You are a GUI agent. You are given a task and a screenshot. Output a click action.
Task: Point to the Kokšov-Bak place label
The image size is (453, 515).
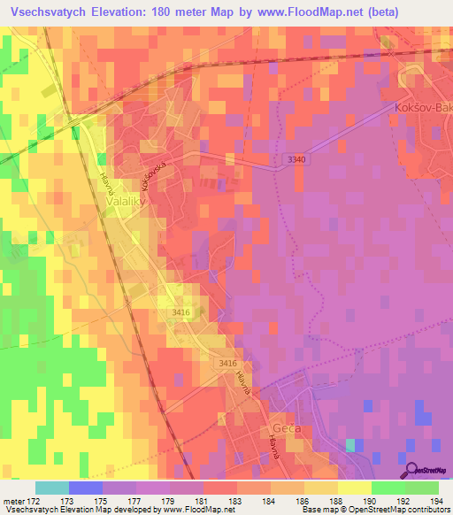(x=420, y=107)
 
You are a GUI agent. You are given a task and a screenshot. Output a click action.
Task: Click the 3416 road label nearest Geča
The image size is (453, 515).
(x=227, y=364)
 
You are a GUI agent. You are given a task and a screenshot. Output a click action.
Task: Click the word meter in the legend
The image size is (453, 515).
(x=13, y=502)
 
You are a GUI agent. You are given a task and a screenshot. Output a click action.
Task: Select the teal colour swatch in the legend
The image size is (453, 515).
(x=51, y=488)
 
